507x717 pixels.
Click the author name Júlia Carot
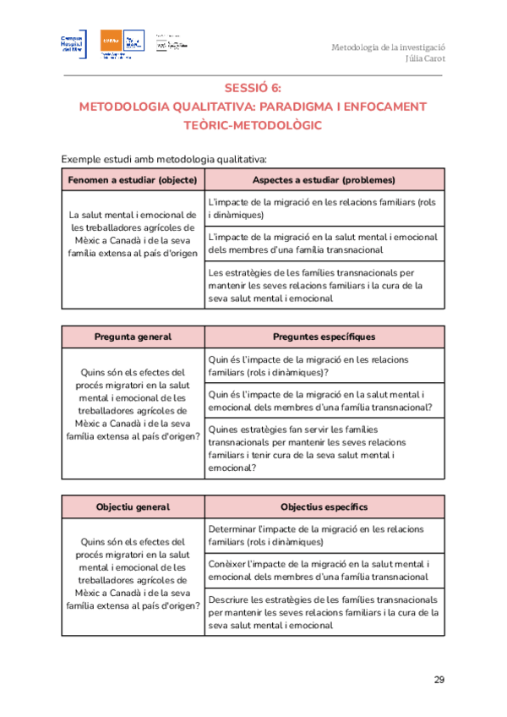click(x=426, y=59)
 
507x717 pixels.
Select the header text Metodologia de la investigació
click(x=388, y=47)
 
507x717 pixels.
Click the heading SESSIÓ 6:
click(x=253, y=88)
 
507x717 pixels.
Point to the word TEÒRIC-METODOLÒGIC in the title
click(x=253, y=125)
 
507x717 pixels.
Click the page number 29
click(x=439, y=679)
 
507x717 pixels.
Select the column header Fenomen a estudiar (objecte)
click(x=133, y=180)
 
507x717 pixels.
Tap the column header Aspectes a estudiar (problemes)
click(x=324, y=180)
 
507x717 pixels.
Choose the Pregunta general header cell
click(x=133, y=337)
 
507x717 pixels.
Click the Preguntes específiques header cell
click(x=324, y=337)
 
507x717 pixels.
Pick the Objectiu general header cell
click(x=133, y=506)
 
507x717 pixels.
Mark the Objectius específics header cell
click(x=324, y=506)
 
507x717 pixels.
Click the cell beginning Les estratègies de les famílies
click(x=324, y=286)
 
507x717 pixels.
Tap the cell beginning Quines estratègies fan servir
click(x=324, y=447)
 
